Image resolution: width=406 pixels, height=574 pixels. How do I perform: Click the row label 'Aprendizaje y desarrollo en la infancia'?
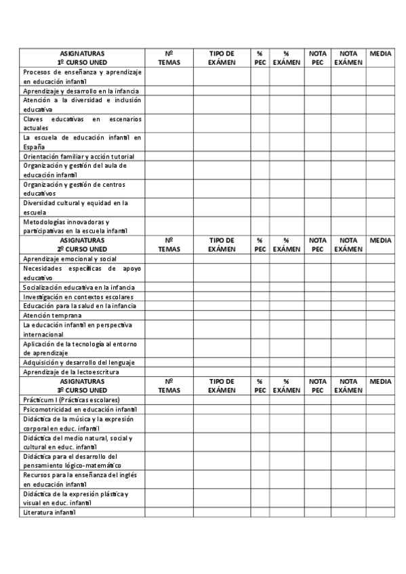(x=81, y=91)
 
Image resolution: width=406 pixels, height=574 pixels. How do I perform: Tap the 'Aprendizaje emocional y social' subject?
(x=70, y=259)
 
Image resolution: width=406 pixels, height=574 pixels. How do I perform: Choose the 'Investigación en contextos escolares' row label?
(x=78, y=296)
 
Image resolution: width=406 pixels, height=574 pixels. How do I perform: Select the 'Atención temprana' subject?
(x=52, y=315)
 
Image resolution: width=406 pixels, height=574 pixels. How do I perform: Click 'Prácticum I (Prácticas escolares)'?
(x=70, y=400)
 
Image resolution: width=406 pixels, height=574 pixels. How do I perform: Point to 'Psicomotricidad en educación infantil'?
(x=79, y=410)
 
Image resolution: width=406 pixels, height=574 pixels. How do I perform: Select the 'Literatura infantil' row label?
(x=49, y=512)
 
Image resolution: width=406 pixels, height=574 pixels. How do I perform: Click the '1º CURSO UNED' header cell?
(x=81, y=62)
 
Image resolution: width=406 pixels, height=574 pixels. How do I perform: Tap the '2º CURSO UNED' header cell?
(x=81, y=248)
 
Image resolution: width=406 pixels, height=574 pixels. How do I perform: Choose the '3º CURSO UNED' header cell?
(x=81, y=390)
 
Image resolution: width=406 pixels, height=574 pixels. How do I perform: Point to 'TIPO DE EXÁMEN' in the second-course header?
(x=222, y=244)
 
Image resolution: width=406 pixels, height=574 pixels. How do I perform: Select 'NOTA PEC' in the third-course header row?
(x=317, y=386)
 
